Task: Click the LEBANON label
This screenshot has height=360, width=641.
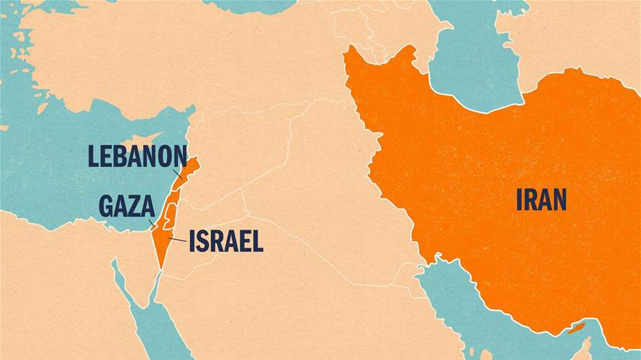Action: tap(137, 156)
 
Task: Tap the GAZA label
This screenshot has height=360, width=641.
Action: tap(126, 206)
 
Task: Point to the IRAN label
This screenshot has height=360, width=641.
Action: tap(541, 199)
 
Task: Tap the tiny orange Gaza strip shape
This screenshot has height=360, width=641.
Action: tap(153, 226)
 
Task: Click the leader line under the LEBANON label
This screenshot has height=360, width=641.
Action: tap(178, 174)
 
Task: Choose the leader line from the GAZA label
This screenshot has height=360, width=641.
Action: tap(151, 222)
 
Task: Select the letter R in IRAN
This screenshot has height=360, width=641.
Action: tap(532, 199)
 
